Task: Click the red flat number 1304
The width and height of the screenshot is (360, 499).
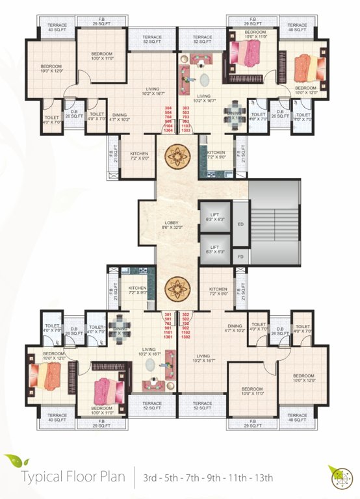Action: click(169, 131)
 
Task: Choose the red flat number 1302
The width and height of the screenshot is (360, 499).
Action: click(187, 337)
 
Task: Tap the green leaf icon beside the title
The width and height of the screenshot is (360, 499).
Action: click(12, 462)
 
